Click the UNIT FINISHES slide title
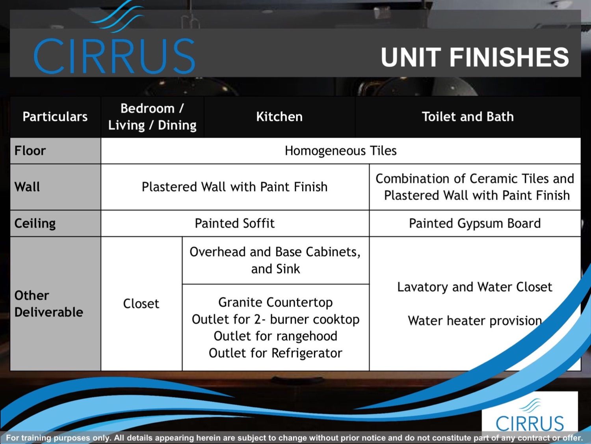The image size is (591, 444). pyautogui.click(x=475, y=57)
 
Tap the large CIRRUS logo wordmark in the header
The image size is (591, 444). pyautogui.click(x=114, y=56)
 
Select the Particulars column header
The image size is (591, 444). pyautogui.click(x=55, y=117)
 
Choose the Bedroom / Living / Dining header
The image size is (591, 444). pyautogui.click(x=152, y=117)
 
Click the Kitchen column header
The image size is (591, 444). pyautogui.click(x=279, y=117)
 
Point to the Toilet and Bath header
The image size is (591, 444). pyautogui.click(x=468, y=117)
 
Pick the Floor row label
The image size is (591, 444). pyautogui.click(x=30, y=151)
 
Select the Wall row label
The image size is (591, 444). pyautogui.click(x=27, y=187)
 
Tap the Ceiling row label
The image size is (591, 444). pyautogui.click(x=35, y=223)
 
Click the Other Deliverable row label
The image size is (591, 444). pyautogui.click(x=49, y=304)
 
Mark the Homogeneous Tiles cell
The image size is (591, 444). pyautogui.click(x=341, y=151)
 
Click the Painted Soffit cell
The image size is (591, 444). pyautogui.click(x=235, y=223)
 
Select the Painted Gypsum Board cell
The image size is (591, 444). pyautogui.click(x=475, y=223)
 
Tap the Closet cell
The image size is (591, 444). pyautogui.click(x=141, y=304)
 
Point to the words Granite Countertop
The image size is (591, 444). pyautogui.click(x=275, y=302)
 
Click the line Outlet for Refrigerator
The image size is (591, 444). pyautogui.click(x=275, y=353)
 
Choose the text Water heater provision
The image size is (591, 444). pyautogui.click(x=475, y=321)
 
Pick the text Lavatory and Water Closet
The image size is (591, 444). pyautogui.click(x=475, y=287)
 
